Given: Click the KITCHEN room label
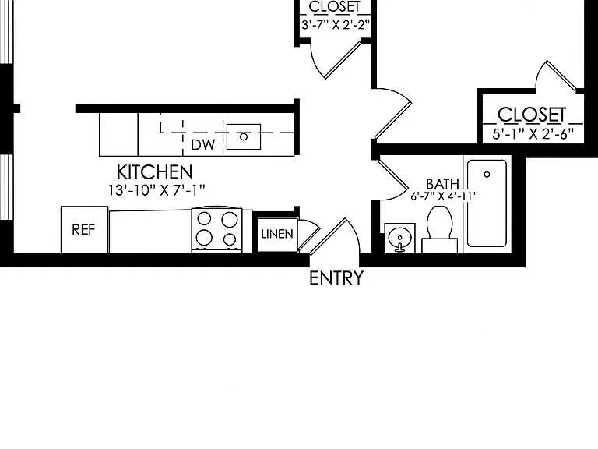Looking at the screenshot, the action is point(154,172).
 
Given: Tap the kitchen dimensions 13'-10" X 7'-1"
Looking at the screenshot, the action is point(157,190).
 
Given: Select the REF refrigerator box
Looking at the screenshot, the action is point(84,229).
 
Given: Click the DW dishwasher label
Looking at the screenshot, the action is point(203,145).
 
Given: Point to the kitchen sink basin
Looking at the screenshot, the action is point(244,136).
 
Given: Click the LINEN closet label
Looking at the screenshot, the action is point(277,234).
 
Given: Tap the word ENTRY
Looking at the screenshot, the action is point(336,278).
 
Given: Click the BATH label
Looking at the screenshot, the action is point(442,185).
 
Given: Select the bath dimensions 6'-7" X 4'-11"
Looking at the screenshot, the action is point(445,196).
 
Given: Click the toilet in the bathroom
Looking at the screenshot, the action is point(440,229).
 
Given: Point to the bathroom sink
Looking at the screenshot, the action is point(399,239).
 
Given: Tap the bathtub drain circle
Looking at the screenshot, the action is point(487,175).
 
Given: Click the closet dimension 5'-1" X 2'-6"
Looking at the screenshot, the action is point(533,134).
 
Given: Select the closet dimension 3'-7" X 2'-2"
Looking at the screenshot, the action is point(336,25).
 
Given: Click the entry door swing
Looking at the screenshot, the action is point(336,237).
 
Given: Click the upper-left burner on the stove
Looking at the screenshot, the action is point(205,219).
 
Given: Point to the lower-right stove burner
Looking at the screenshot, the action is point(230,239).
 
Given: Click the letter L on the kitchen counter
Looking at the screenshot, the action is point(162,129).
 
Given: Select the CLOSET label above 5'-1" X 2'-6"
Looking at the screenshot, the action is point(532,115).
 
